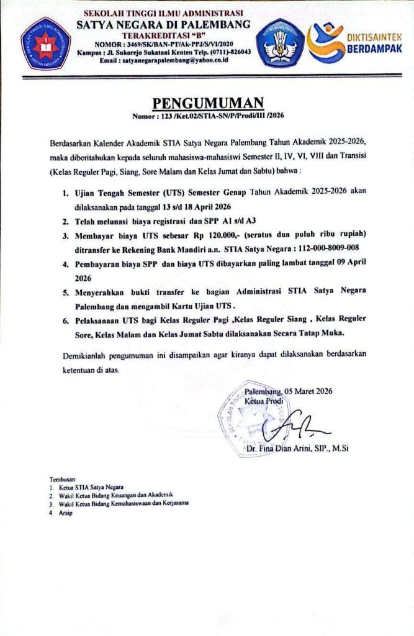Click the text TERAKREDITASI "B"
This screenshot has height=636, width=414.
(163, 35)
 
